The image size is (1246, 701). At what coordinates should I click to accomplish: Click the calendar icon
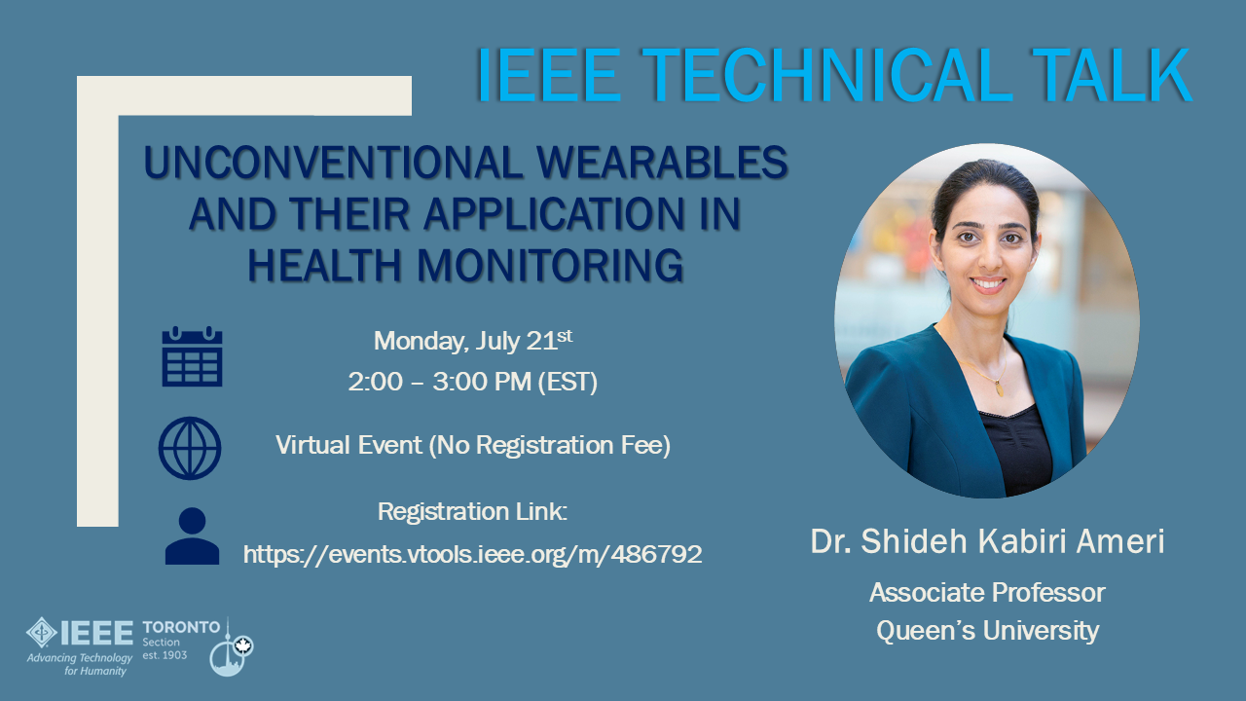click(192, 356)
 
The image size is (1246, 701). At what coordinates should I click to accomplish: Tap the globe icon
click(190, 449)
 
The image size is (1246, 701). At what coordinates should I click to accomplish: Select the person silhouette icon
click(192, 536)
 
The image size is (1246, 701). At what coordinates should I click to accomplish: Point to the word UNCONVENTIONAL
click(333, 163)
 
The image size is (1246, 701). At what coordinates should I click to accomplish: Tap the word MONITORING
click(550, 265)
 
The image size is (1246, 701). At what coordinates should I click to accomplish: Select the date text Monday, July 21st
click(473, 341)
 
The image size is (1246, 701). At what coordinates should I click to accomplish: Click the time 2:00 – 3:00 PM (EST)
click(473, 382)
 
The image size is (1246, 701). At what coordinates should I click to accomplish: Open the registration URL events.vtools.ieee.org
click(473, 554)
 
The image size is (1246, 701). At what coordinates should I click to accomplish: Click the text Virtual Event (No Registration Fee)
click(473, 445)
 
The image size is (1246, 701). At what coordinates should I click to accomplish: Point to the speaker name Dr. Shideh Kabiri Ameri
click(987, 540)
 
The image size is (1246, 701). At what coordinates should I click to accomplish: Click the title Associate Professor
click(987, 593)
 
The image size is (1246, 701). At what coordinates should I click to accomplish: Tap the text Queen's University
click(987, 631)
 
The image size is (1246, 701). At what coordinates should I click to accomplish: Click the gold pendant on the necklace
click(999, 387)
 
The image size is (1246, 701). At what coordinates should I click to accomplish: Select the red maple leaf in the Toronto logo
click(242, 646)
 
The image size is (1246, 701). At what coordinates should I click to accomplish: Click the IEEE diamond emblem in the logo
click(42, 633)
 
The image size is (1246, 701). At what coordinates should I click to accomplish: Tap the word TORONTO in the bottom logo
click(181, 628)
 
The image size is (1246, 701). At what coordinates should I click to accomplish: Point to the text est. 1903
click(165, 655)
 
